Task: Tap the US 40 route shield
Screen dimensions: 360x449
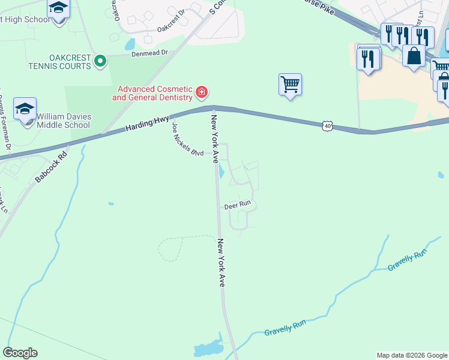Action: [327, 125]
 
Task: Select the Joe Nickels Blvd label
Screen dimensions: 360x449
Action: [187, 140]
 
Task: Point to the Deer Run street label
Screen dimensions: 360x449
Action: [237, 205]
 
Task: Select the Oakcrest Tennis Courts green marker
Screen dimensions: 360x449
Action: [101, 61]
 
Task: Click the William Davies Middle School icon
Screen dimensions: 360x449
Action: [25, 109]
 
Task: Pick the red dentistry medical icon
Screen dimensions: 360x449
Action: [202, 92]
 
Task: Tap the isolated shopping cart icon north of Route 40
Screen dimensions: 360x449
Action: [290, 84]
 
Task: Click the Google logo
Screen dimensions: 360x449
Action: [20, 352]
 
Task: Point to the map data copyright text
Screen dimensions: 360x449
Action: [411, 355]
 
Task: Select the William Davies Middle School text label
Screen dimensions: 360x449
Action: [63, 121]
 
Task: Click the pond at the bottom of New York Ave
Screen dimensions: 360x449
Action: [208, 349]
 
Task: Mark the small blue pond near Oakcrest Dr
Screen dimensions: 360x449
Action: [130, 44]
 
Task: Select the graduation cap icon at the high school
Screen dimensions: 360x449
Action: [59, 8]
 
